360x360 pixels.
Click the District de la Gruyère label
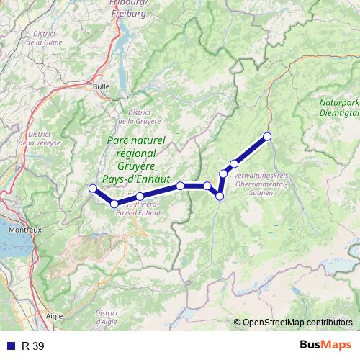143,117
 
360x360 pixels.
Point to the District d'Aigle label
106,318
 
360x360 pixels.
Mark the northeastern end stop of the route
267,136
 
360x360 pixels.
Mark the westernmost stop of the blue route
91,189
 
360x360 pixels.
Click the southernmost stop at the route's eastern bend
220,196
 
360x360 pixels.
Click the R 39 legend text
33,346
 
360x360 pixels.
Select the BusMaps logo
325,346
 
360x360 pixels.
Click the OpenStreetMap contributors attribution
295,323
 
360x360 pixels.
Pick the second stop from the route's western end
114,204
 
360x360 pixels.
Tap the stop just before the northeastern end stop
234,163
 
